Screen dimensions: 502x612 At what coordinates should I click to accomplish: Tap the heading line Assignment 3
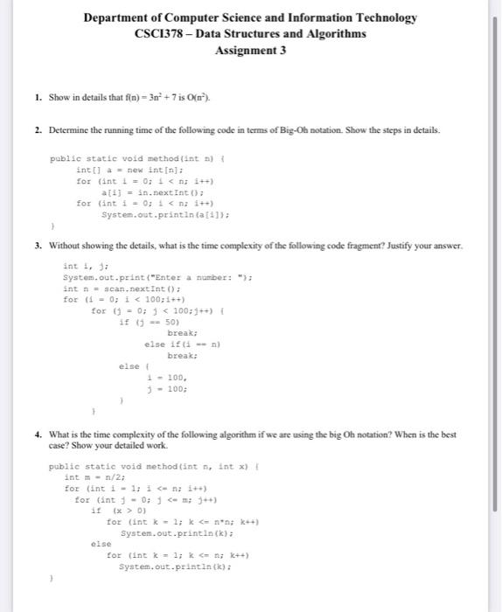coord(250,51)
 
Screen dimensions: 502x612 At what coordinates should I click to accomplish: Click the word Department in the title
coord(118,17)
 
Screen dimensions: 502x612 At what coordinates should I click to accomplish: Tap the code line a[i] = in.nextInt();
coord(141,191)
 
